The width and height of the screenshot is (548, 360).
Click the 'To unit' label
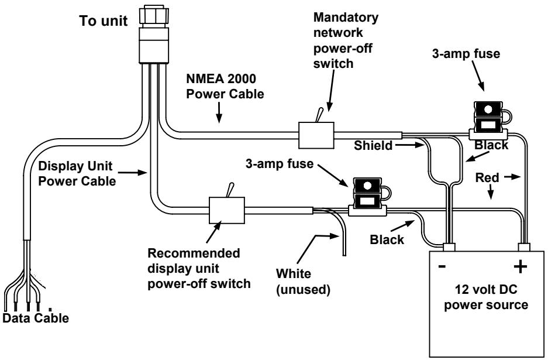point(104,21)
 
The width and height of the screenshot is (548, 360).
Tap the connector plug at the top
point(154,35)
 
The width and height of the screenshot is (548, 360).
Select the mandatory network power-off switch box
point(316,135)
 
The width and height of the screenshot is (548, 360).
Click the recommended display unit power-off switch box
point(227,210)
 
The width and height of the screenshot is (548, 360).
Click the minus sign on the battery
point(442,267)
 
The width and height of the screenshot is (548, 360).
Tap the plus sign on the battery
point(520,266)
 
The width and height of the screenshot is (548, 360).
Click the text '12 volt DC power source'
point(486,297)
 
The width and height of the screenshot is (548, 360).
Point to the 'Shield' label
point(373,145)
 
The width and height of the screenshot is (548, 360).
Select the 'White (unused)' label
point(303,282)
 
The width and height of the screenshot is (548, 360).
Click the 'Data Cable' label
point(36,318)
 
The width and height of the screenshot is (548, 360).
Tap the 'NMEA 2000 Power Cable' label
point(225,86)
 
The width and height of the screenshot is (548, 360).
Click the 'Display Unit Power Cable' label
point(77,173)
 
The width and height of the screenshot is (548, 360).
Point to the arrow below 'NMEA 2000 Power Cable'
point(219,112)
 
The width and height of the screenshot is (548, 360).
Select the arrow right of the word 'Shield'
point(409,145)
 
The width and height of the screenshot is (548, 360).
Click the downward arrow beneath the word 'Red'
point(491,192)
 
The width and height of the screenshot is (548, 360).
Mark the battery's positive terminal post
point(524,247)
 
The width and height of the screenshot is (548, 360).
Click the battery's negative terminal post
point(449,247)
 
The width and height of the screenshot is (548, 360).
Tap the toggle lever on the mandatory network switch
point(319,115)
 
